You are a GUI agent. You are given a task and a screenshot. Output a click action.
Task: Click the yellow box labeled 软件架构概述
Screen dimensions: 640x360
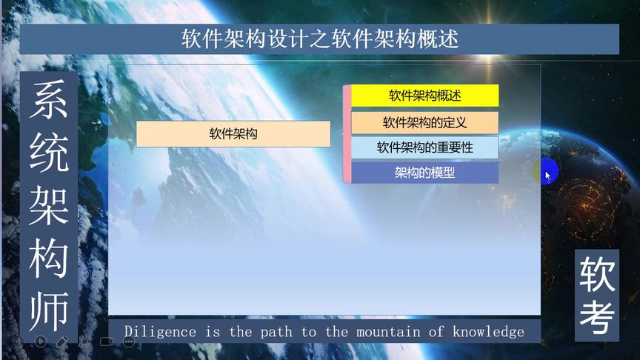(x=425, y=96)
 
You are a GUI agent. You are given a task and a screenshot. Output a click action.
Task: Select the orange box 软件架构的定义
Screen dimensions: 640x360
(x=425, y=122)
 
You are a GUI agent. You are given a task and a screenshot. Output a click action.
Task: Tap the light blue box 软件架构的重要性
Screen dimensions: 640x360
(x=425, y=147)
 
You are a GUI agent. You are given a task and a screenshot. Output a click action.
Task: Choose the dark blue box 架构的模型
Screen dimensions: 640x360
(x=425, y=173)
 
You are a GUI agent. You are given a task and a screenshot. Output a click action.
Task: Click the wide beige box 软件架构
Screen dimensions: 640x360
(x=233, y=133)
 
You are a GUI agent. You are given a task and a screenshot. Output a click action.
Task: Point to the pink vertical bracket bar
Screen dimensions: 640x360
(x=347, y=134)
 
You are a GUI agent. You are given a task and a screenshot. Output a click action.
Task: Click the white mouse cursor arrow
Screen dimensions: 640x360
(x=547, y=176)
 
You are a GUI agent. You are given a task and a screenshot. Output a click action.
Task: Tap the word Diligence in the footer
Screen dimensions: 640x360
(x=160, y=331)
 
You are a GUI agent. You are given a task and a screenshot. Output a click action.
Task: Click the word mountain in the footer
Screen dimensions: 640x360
(x=388, y=332)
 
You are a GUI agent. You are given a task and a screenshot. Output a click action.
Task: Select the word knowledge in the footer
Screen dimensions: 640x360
(x=488, y=332)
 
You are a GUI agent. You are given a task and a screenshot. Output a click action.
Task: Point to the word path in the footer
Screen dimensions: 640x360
(x=276, y=332)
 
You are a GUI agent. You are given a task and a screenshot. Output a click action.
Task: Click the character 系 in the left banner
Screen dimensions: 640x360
(x=49, y=99)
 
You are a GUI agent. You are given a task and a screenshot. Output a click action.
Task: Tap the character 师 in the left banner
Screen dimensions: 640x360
(x=49, y=311)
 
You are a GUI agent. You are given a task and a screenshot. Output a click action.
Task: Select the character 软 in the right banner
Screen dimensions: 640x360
(x=597, y=275)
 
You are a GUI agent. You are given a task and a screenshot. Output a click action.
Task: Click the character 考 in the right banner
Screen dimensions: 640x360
(x=597, y=318)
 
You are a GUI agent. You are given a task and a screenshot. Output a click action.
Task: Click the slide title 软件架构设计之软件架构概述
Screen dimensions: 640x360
(x=320, y=39)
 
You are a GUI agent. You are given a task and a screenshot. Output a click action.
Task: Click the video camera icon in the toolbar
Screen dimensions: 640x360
(x=107, y=341)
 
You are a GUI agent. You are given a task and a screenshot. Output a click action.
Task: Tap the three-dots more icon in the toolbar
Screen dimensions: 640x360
(x=129, y=341)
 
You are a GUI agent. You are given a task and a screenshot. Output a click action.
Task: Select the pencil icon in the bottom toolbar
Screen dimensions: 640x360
(x=62, y=341)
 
